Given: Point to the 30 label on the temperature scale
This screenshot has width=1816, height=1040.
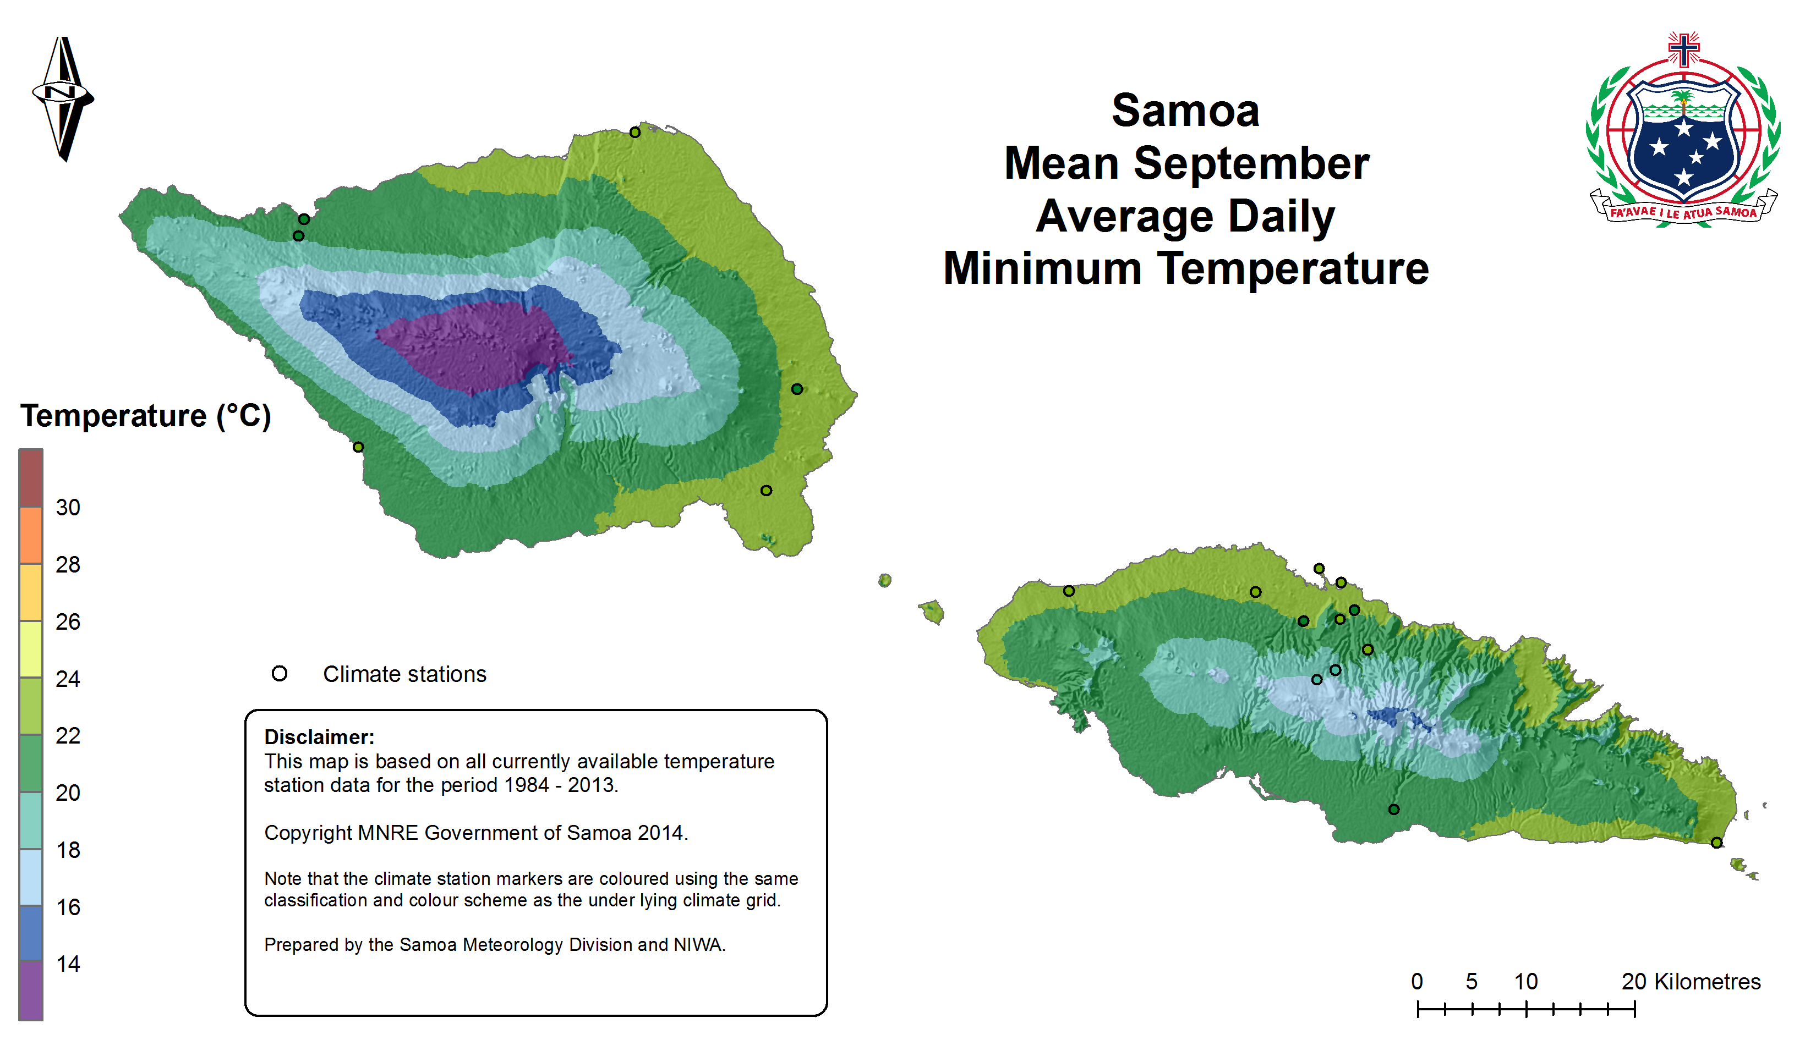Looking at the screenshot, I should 68,508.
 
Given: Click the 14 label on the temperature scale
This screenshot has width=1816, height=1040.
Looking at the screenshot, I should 68,964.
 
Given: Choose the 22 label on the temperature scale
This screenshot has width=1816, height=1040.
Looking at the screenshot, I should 68,736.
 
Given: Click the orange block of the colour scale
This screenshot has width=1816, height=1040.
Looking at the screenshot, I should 31,536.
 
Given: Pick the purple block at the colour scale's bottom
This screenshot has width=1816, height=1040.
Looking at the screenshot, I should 31,990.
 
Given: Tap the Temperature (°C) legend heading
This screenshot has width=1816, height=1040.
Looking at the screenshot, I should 146,416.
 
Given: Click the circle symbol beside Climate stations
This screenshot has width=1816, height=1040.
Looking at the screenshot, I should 280,674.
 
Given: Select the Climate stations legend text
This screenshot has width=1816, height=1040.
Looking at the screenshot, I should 404,674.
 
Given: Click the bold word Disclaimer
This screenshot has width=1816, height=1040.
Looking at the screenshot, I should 319,737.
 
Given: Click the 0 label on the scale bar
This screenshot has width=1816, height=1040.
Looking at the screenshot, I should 1417,982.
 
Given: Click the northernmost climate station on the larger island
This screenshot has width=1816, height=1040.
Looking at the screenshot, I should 634,132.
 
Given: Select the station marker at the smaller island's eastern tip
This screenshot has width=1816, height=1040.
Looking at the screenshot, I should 1716,843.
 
